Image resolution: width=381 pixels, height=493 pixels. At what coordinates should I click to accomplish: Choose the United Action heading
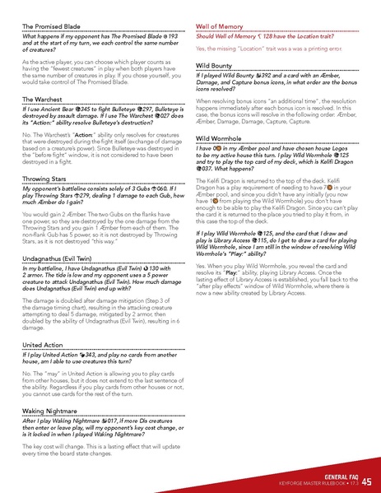tap(43, 345)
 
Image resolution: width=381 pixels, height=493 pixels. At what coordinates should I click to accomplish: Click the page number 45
tap(366, 482)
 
